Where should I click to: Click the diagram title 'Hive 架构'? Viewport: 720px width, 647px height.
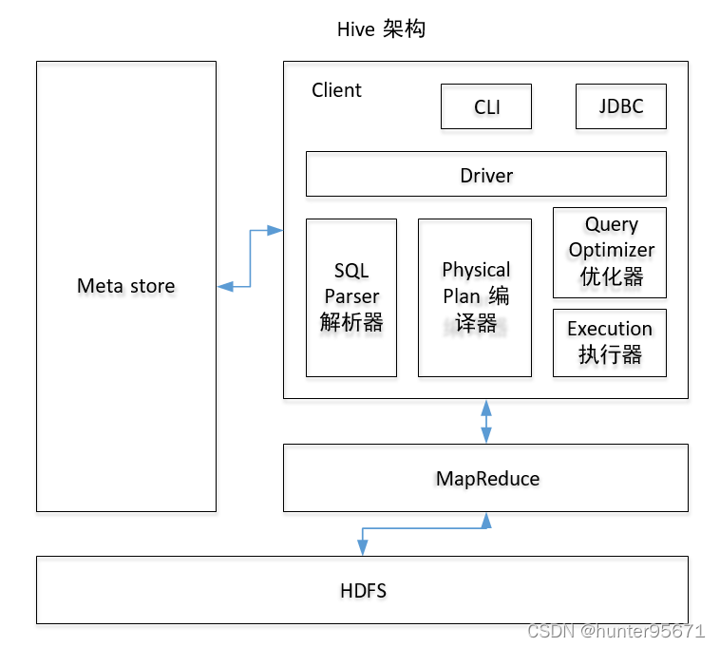(x=381, y=29)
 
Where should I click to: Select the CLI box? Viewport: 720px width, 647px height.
(x=486, y=106)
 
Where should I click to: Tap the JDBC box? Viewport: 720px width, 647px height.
(x=620, y=106)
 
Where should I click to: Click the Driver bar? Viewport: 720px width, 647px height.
(x=485, y=175)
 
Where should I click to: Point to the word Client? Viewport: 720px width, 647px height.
(x=336, y=90)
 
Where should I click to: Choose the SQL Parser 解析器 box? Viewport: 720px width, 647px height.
(x=351, y=296)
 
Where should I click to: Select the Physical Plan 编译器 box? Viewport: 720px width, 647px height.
(x=475, y=296)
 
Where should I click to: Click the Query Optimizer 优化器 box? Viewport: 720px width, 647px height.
(x=610, y=251)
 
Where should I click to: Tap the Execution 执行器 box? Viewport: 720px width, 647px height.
(x=610, y=342)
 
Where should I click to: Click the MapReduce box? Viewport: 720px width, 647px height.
(x=486, y=478)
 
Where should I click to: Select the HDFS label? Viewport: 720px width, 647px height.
(x=363, y=591)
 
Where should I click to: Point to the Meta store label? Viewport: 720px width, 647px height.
(x=126, y=285)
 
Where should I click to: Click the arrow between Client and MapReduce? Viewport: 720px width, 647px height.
(x=486, y=422)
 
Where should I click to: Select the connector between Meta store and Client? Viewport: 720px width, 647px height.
(x=250, y=257)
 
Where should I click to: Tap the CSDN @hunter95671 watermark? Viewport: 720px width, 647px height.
(x=616, y=631)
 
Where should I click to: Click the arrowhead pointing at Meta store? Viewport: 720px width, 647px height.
(x=224, y=286)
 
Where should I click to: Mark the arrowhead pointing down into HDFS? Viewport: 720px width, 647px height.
(x=362, y=548)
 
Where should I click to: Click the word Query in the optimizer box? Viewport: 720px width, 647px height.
(x=611, y=225)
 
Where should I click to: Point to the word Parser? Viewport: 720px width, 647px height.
(x=351, y=296)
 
